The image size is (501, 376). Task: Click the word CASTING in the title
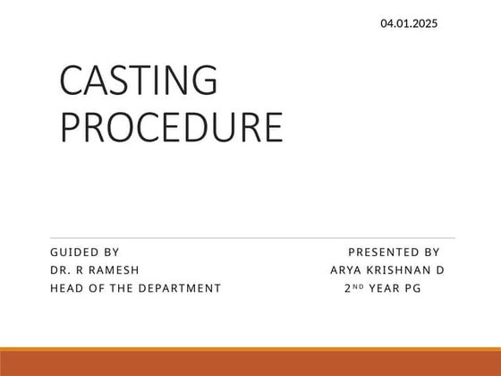pyautogui.click(x=138, y=82)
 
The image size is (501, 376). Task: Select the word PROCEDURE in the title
pyautogui.click(x=171, y=126)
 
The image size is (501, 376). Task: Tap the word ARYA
pyautogui.click(x=345, y=270)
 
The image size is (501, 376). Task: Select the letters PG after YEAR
pyautogui.click(x=412, y=288)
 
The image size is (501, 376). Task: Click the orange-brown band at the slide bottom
pyautogui.click(x=250, y=363)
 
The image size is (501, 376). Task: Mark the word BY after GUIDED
pyautogui.click(x=112, y=252)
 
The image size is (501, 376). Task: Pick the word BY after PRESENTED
pyautogui.click(x=431, y=252)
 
